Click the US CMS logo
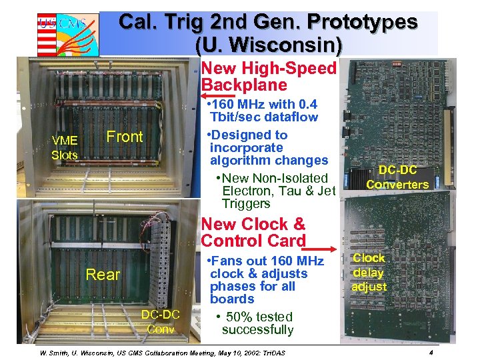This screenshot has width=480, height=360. point(67,33)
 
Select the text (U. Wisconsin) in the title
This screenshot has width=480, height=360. point(269,45)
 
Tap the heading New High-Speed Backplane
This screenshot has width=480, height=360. point(269,77)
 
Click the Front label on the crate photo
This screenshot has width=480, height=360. point(125,137)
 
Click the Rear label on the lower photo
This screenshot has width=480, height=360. point(103,275)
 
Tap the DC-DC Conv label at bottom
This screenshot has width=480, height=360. point(161,321)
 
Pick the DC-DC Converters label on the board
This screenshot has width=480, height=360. point(397,177)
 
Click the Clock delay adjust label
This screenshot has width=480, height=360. point(369,272)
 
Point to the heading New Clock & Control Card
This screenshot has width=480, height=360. point(253,232)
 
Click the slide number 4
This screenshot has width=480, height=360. point(432,351)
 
